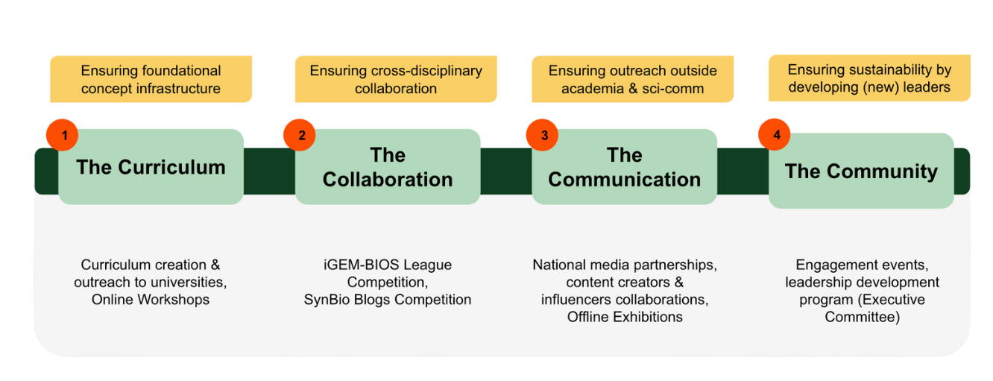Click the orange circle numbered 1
click(x=63, y=136)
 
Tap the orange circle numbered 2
click(x=300, y=136)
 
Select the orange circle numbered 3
click(x=543, y=136)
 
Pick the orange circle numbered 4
click(x=775, y=136)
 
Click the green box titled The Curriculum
click(x=151, y=167)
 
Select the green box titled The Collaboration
click(x=388, y=167)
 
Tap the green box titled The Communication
click(x=624, y=167)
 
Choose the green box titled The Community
click(x=861, y=171)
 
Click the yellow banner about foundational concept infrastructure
click(x=151, y=80)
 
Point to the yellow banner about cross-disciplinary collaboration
click(x=396, y=80)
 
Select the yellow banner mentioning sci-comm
click(x=632, y=80)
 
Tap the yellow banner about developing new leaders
click(x=869, y=78)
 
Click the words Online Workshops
click(x=151, y=300)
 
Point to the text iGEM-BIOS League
click(x=388, y=265)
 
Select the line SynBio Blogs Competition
click(x=388, y=300)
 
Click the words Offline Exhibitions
click(x=625, y=317)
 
